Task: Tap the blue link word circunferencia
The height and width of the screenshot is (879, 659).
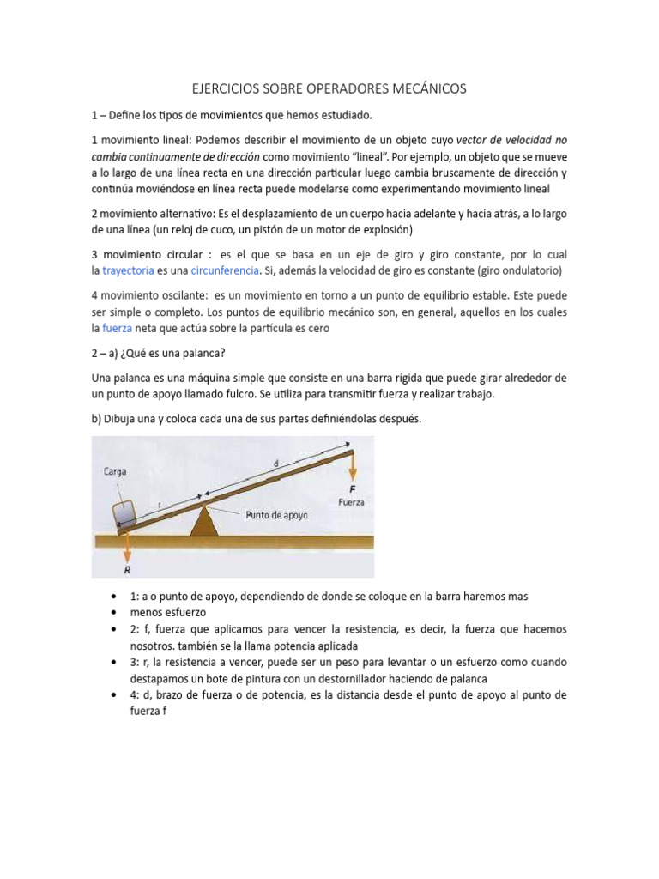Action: (225, 270)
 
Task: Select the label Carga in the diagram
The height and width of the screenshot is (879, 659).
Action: (117, 470)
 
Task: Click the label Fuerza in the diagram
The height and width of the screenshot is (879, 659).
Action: (352, 502)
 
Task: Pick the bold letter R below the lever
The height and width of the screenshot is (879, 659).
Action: (127, 567)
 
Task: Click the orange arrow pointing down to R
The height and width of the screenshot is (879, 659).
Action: (127, 544)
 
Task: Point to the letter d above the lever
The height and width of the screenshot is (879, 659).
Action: (275, 464)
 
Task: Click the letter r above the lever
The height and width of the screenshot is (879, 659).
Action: (159, 506)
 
